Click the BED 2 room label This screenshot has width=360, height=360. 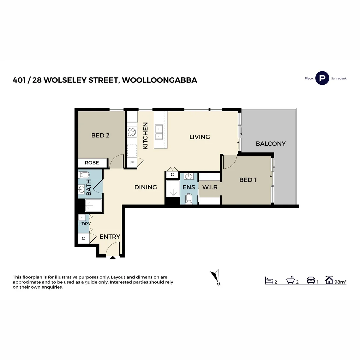click(x=101, y=135)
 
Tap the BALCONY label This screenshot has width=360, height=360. click(x=271, y=144)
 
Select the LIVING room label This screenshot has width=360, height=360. click(x=200, y=137)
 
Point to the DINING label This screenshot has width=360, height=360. click(x=146, y=187)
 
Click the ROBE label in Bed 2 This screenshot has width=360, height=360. click(x=92, y=163)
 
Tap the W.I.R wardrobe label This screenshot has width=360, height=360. click(x=210, y=187)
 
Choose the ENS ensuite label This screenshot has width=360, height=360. click(x=189, y=187)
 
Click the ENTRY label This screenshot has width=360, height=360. click(x=110, y=237)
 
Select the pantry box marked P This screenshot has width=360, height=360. click(x=132, y=163)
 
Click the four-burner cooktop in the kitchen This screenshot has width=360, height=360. click(x=132, y=132)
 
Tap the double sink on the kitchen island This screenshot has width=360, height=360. click(x=159, y=132)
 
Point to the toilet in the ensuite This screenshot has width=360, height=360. click(x=189, y=199)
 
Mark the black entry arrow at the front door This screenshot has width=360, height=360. click(x=113, y=257)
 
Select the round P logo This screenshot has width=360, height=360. click(x=322, y=78)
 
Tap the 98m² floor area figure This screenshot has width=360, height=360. click(x=340, y=282)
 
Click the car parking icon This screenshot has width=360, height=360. click(x=311, y=280)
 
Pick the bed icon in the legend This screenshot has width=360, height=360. click(x=269, y=280)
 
